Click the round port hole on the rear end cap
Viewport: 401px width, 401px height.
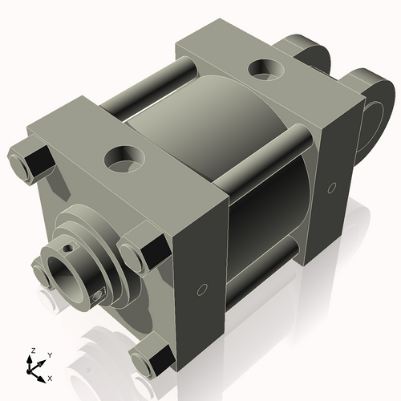coord(264,69)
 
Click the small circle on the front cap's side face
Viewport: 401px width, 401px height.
coord(203,289)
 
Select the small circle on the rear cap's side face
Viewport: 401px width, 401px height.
coord(331,188)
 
